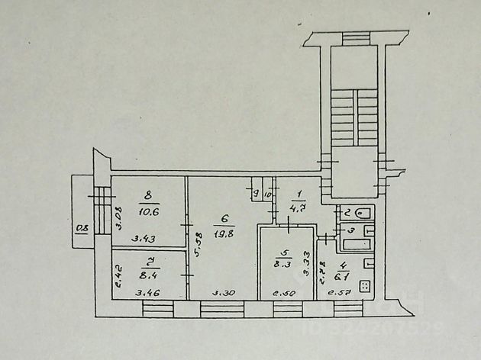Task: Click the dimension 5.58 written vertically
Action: point(198,244)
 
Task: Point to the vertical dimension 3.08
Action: point(118,219)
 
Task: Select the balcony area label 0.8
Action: point(81,227)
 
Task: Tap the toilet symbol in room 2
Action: point(363,213)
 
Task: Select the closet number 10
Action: point(267,194)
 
